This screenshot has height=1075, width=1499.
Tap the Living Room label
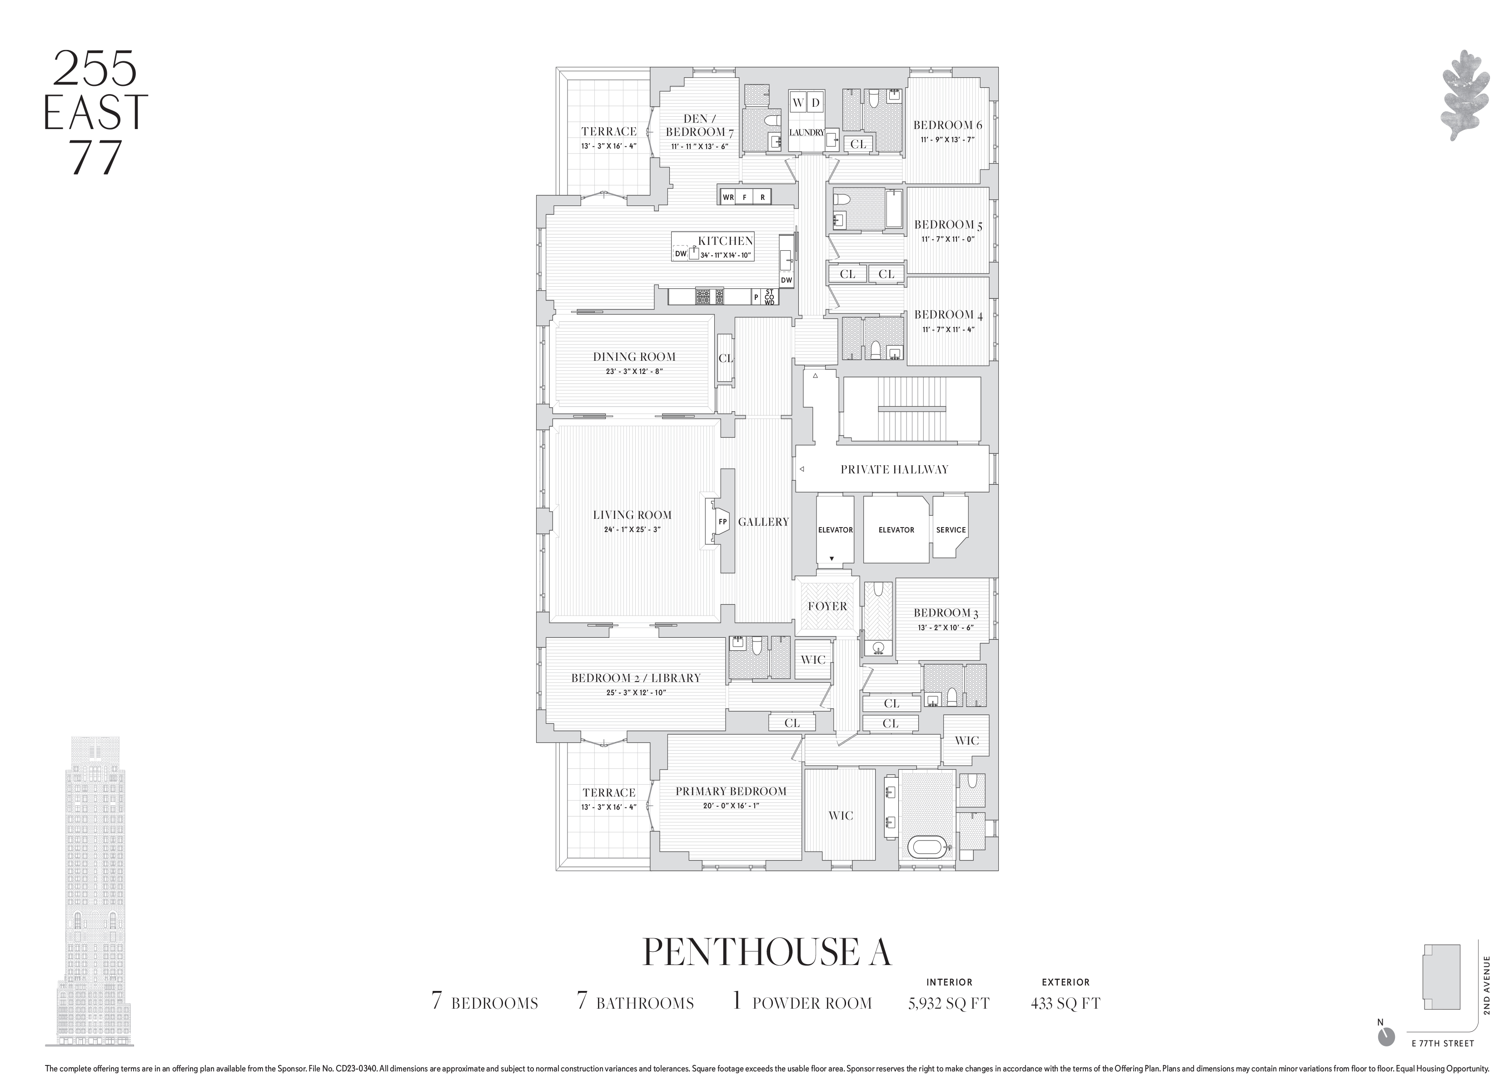632,515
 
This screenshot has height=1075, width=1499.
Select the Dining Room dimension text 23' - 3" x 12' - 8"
634,371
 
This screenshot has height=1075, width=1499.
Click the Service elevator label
951,530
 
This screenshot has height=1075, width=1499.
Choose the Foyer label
827,607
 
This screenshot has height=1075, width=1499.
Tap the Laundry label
807,133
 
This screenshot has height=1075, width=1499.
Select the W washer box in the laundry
798,102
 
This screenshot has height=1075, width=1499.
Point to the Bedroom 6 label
947,125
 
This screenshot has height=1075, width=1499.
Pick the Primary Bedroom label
730,791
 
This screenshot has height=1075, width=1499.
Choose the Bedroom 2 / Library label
635,678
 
